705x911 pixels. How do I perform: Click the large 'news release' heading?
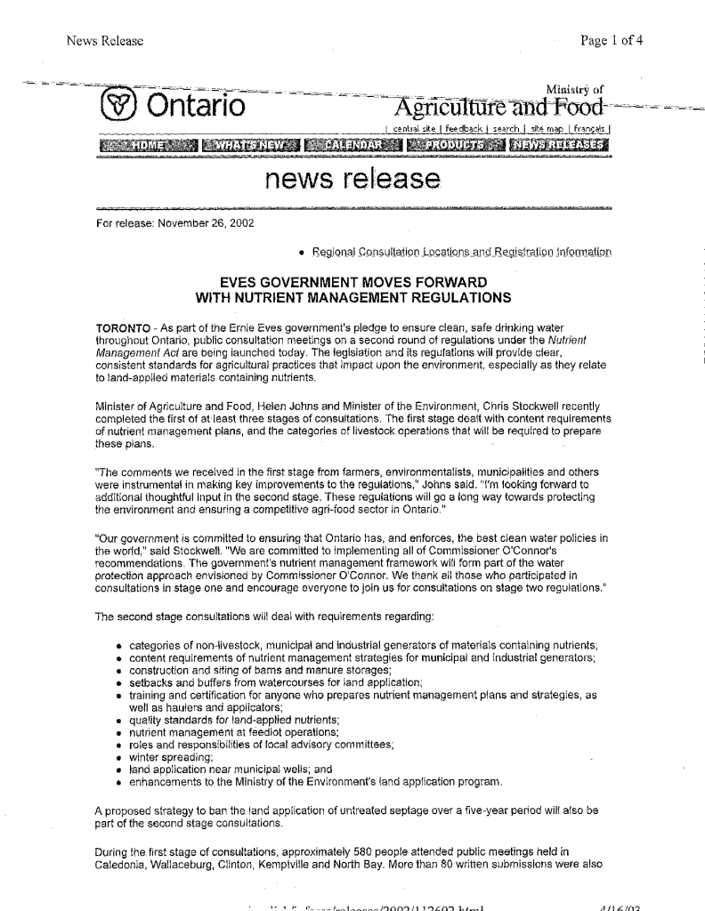pyautogui.click(x=352, y=181)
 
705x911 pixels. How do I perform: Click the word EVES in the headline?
pyautogui.click(x=251, y=281)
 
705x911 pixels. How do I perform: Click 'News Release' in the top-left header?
pyautogui.click(x=100, y=40)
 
